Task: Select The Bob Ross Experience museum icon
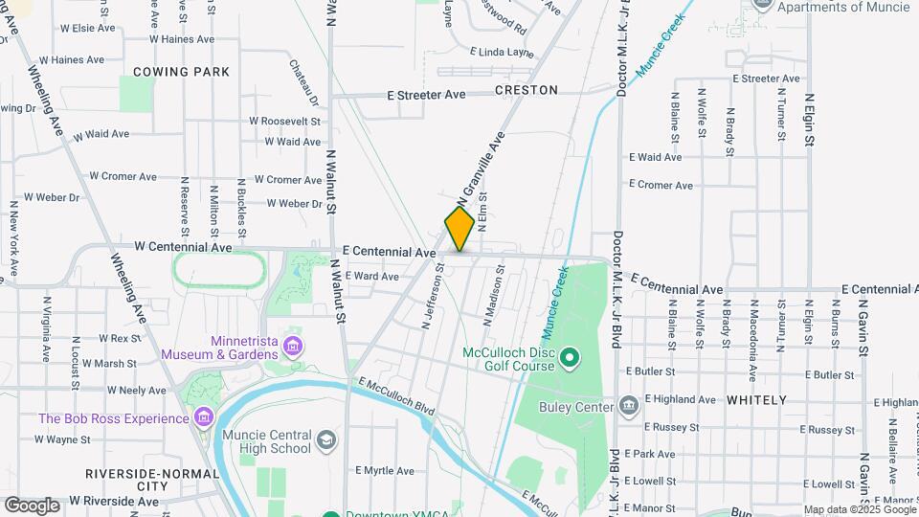202,418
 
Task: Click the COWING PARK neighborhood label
181,72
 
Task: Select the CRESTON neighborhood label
527,90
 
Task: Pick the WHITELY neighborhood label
755,400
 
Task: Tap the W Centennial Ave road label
183,247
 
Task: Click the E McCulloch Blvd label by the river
397,396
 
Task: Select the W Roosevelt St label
284,122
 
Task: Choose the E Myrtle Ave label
385,471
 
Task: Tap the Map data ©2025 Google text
858,509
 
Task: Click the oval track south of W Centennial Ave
219,269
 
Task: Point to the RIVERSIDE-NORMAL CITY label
134,480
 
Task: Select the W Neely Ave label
138,391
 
